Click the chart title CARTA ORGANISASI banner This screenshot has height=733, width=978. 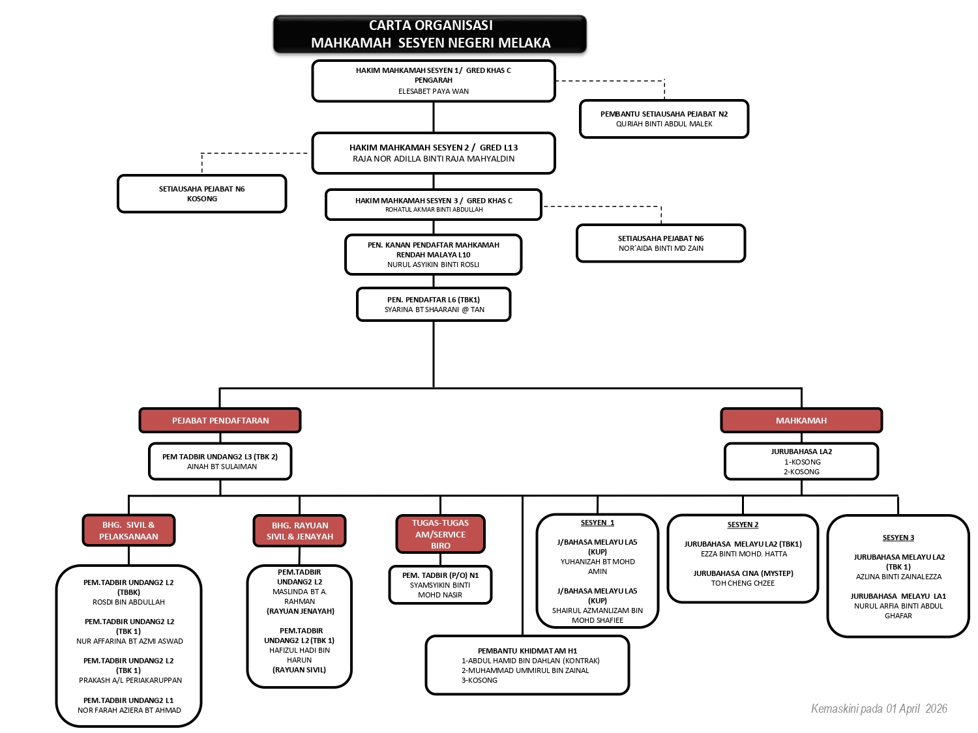tap(430, 35)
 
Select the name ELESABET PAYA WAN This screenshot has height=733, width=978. tap(434, 91)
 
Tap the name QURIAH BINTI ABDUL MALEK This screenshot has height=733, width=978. tap(664, 124)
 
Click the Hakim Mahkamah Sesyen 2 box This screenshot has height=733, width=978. tap(434, 153)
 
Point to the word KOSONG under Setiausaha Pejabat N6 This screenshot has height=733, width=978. tap(202, 199)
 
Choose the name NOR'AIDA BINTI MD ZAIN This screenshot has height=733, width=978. tap(660, 248)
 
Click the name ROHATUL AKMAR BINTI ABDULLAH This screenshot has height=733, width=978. tap(434, 210)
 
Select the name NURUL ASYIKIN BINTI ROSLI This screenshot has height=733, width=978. tap(433, 265)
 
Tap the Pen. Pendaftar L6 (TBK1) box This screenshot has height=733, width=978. tap(434, 304)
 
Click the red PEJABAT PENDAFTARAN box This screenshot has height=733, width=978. tap(220, 420)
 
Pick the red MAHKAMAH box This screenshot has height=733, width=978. tap(801, 420)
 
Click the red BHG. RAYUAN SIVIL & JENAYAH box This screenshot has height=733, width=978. tap(299, 531)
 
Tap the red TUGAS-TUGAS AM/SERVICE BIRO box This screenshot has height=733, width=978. tap(440, 534)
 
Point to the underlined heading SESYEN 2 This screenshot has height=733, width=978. tap(743, 525)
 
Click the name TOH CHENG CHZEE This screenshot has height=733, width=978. tap(743, 583)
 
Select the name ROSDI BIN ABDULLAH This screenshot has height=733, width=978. tap(128, 602)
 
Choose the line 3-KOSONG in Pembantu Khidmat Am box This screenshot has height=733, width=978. tap(479, 680)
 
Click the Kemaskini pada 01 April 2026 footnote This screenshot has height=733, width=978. tap(878, 709)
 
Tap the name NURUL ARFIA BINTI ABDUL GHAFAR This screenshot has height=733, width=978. tap(898, 611)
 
